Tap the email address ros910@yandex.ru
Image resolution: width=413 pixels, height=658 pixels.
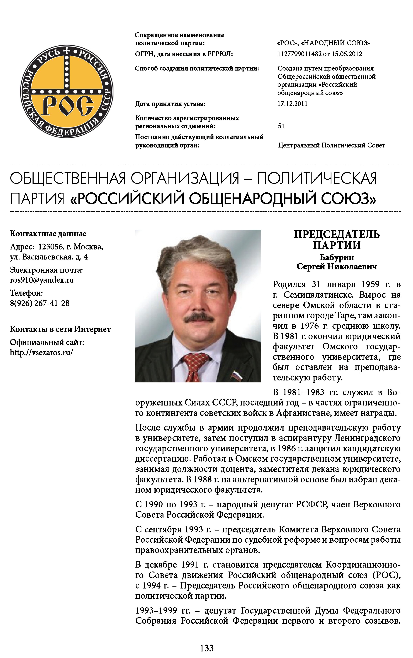click(x=42, y=280)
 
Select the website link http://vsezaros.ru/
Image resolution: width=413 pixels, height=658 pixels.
click(x=41, y=352)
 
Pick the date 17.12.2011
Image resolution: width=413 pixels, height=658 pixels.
click(x=292, y=104)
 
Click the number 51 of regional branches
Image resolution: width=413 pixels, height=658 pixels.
click(x=281, y=126)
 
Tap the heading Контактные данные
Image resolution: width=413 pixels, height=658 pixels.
click(x=48, y=234)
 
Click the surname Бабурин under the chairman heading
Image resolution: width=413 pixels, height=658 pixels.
click(x=337, y=257)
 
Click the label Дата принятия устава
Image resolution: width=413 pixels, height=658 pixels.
click(x=170, y=104)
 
